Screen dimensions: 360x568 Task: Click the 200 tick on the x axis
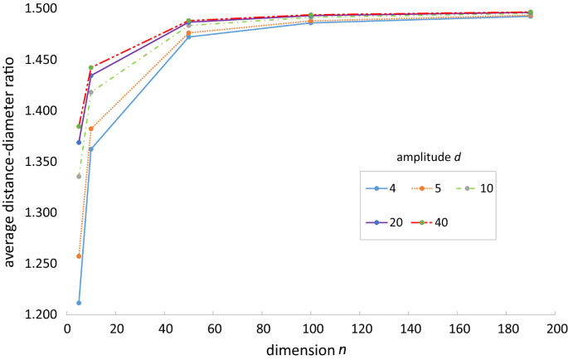[x=555, y=329]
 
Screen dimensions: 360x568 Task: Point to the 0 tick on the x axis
[x=67, y=329]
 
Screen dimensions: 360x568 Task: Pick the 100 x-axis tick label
[x=311, y=329]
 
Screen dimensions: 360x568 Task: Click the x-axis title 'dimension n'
[x=306, y=349]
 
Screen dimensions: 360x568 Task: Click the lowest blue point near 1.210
[x=79, y=303]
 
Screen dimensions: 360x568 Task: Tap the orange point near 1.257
[x=79, y=256]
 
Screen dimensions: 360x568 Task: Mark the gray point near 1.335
[x=79, y=176]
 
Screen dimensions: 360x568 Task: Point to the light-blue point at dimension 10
[x=91, y=149]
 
